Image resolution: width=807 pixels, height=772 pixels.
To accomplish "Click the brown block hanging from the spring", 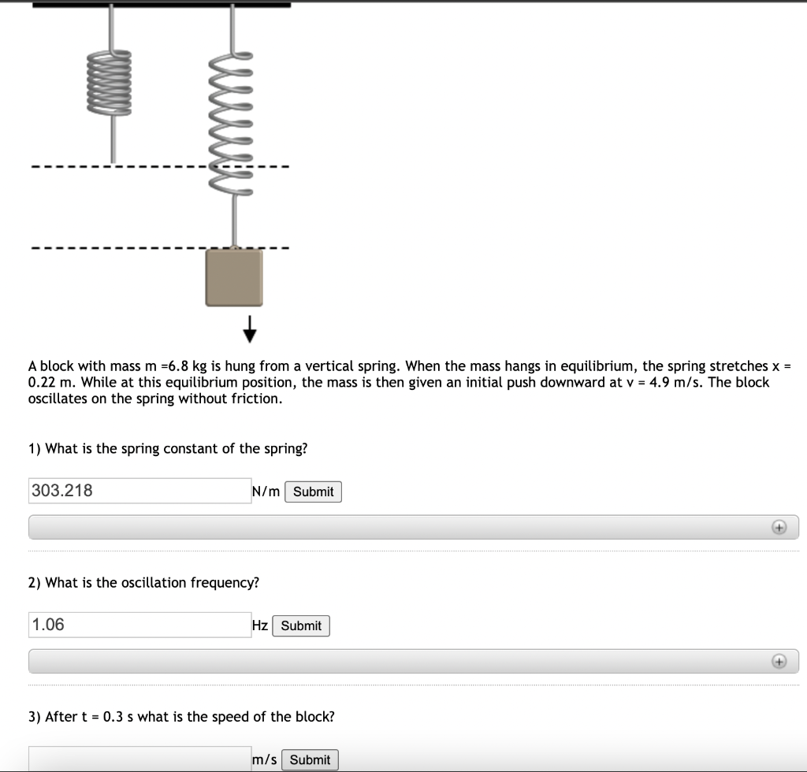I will click(x=233, y=277).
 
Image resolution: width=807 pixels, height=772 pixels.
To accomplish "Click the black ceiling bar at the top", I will click(x=162, y=4).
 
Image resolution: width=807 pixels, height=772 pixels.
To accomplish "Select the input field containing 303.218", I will click(x=139, y=491).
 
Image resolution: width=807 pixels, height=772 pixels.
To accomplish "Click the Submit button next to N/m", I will click(x=313, y=492).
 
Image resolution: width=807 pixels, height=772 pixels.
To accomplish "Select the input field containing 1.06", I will click(x=139, y=625).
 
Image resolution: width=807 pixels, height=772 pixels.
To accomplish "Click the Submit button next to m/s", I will click(x=310, y=759).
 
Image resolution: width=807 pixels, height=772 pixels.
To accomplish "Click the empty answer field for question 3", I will click(x=139, y=759).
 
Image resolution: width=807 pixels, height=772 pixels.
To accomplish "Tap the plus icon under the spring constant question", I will click(x=779, y=527).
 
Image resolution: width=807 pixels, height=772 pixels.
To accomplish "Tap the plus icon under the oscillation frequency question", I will click(x=779, y=662).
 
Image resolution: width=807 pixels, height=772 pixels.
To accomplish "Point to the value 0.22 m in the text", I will click(x=50, y=382).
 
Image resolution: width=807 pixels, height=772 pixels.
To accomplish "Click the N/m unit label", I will click(x=266, y=492).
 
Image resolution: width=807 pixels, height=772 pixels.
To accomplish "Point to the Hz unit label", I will click(x=259, y=625).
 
